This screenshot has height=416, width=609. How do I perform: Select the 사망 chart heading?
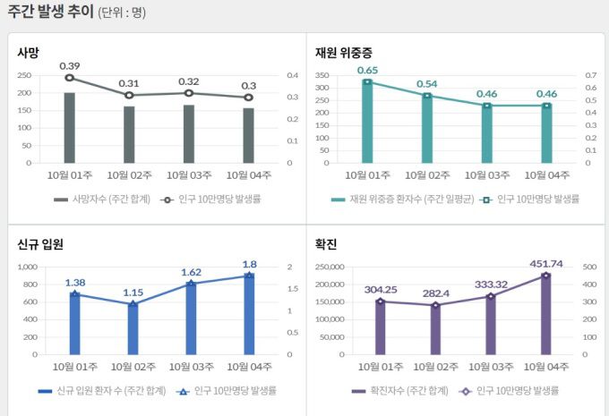tap(28, 53)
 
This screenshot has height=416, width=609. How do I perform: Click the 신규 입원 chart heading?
tap(39, 244)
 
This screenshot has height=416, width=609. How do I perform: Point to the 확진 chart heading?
tap(325, 244)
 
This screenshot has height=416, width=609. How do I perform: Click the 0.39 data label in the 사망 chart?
tap(69, 65)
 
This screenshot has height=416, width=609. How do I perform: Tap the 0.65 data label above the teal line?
tap(367, 70)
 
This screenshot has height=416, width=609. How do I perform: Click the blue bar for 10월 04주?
tap(248, 314)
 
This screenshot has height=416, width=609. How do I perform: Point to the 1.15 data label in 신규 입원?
tap(132, 293)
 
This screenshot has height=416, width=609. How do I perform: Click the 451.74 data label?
tap(545, 264)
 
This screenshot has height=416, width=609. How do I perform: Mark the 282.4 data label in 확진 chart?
tap(436, 293)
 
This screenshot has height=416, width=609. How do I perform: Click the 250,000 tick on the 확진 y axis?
tap(326, 267)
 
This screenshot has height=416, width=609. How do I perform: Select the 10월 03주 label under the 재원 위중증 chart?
tap(487, 174)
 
